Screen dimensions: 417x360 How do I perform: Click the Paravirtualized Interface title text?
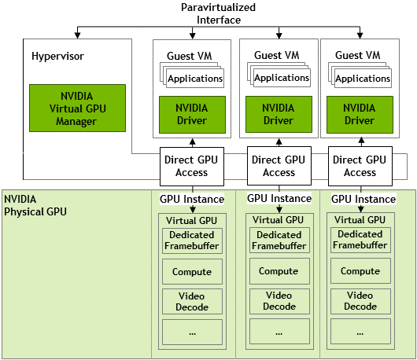tap(219, 13)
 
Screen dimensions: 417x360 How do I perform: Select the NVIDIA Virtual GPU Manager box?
tap(77, 108)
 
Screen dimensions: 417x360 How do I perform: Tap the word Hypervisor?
tap(57, 57)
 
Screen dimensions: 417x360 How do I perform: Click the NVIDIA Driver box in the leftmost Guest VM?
tap(192, 115)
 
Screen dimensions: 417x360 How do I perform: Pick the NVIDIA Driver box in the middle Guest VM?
tap(279, 114)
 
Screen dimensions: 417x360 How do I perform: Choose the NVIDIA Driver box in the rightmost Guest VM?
tap(360, 115)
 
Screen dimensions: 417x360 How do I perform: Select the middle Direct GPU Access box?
tap(279, 166)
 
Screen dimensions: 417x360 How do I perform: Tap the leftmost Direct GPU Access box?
tap(192, 167)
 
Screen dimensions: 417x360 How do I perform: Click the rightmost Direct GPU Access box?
tap(360, 167)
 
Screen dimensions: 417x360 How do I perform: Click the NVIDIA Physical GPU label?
tap(35, 205)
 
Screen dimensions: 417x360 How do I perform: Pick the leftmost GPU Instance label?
tap(192, 199)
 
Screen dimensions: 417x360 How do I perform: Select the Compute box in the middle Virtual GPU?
tap(279, 271)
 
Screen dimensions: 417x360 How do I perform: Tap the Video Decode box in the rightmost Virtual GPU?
tap(360, 301)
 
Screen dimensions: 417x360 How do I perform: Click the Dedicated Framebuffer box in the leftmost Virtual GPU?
tap(192, 241)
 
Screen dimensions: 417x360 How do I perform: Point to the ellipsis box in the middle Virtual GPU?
tap(279, 331)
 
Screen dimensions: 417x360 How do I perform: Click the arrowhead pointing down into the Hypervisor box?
tap(77, 35)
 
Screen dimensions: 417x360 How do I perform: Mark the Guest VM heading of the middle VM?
tap(277, 55)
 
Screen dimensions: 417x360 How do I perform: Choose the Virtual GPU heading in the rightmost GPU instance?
tap(360, 220)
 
